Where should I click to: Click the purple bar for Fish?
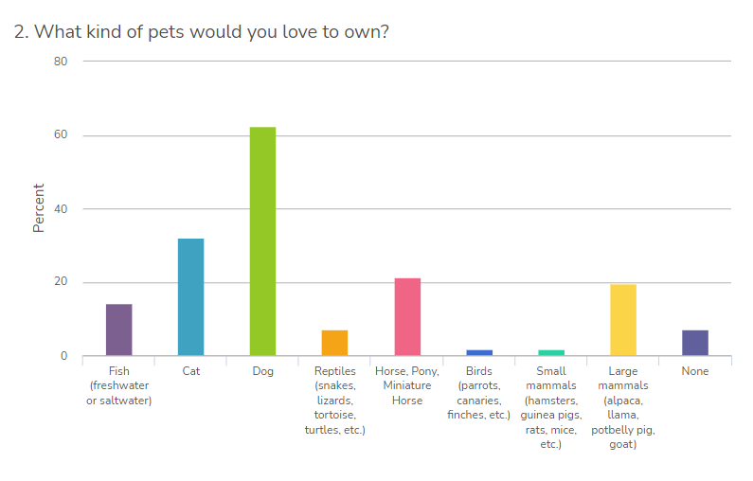[x=118, y=330]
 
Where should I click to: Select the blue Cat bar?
[x=190, y=297]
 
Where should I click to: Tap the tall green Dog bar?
[x=262, y=241]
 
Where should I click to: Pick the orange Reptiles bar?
[x=334, y=343]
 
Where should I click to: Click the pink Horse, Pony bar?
[x=407, y=317]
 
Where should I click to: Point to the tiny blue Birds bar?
[x=479, y=353]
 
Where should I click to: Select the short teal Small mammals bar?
[x=551, y=353]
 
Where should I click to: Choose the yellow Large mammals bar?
[x=623, y=320]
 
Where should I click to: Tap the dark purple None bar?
[x=695, y=343]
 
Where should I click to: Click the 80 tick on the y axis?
[x=61, y=62]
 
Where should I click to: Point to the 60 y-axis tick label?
[x=61, y=135]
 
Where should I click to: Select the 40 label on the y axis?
[x=61, y=209]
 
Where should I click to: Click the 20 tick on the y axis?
[x=61, y=283]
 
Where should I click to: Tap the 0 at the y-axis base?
[x=64, y=357]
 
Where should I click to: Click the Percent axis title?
[x=39, y=208]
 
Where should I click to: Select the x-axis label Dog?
[x=262, y=371]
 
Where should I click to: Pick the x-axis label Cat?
[x=190, y=371]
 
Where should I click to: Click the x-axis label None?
[x=695, y=371]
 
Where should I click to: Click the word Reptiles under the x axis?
[x=334, y=371]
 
